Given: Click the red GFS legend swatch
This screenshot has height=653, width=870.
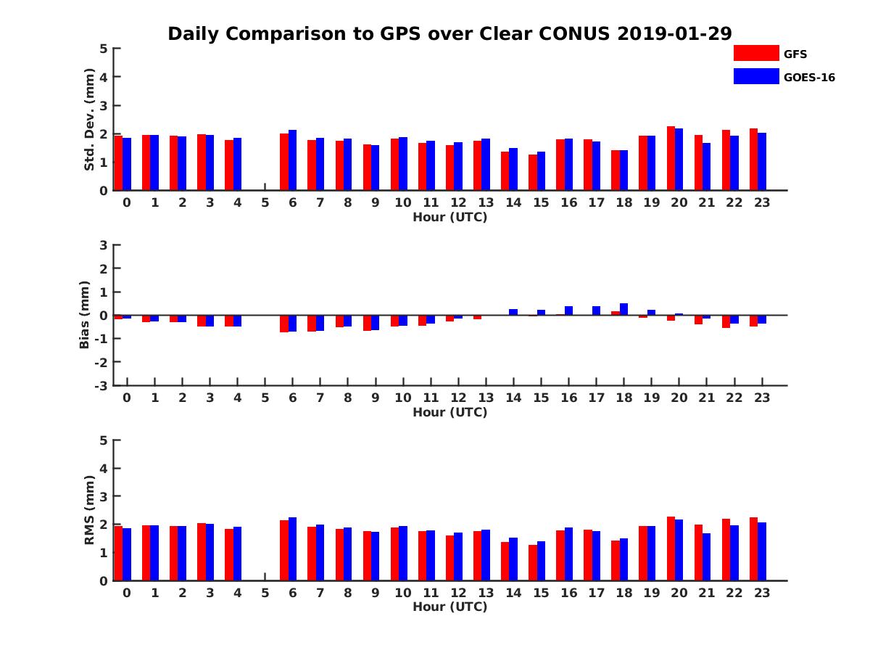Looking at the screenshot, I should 756,53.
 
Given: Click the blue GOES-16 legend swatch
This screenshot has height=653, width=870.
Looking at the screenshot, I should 756,76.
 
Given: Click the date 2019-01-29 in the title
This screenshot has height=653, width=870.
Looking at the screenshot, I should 674,33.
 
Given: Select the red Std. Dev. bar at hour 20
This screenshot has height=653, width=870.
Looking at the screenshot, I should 671,158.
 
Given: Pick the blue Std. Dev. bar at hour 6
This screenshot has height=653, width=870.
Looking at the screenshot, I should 293,160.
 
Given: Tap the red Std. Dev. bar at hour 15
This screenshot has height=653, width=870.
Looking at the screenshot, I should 533,173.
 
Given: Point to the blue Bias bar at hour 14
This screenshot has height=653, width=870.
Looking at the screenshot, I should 513,312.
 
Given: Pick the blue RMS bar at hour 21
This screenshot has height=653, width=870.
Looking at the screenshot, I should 706,557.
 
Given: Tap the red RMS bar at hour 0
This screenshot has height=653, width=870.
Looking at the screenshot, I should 119,553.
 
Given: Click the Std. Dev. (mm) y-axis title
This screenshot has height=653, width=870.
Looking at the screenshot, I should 90,120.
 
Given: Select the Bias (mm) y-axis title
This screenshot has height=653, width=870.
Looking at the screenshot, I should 86,315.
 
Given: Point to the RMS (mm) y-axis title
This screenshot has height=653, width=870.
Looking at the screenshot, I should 90,510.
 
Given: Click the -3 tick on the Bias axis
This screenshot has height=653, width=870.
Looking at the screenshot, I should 102,385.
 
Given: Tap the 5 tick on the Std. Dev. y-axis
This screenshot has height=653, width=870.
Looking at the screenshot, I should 104,49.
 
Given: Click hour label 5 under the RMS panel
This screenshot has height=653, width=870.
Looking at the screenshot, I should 265,593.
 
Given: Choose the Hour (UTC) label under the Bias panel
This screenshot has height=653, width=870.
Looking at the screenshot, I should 449,412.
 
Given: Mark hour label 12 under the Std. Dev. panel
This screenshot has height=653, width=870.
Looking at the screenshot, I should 457,202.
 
